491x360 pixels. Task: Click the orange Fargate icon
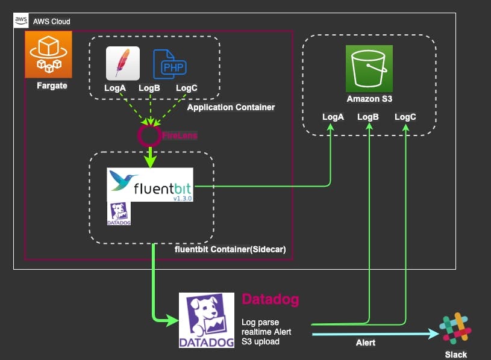pos(48,55)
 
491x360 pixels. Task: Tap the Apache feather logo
pos(123,63)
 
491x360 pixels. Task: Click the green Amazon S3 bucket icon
pos(369,68)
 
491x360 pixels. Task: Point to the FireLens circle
pos(149,136)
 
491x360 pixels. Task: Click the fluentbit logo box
pos(150,184)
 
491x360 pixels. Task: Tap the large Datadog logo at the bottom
pos(206,320)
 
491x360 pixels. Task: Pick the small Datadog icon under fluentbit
pos(119,213)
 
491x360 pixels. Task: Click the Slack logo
pos(455,330)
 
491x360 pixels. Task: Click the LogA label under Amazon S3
pos(333,117)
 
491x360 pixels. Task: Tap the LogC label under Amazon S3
pos(405,117)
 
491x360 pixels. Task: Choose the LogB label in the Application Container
pos(149,88)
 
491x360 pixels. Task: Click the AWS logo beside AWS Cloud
pos(20,20)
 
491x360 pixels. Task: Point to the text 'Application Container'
pos(231,107)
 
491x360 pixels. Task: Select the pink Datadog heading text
pos(270,299)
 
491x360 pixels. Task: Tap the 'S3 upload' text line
pos(261,342)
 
